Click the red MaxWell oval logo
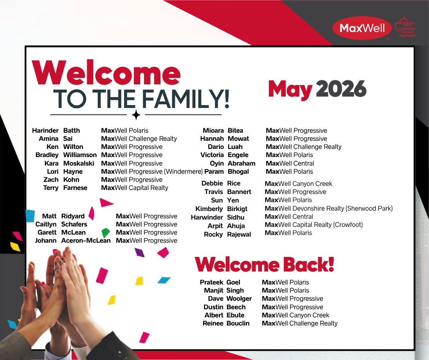click(362, 28)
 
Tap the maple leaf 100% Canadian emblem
click(405, 27)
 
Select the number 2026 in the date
click(341, 89)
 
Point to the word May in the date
click(290, 90)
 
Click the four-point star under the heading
click(136, 115)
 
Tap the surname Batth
click(72, 131)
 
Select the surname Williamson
click(80, 155)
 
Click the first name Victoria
click(212, 155)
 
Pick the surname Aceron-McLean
click(86, 241)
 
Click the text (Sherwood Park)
click(369, 209)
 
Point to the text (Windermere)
click(183, 172)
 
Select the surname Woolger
click(239, 299)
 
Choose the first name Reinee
click(213, 323)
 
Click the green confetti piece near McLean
click(105, 233)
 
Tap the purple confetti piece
click(139, 252)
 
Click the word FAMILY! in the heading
click(185, 99)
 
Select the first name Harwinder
click(207, 218)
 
